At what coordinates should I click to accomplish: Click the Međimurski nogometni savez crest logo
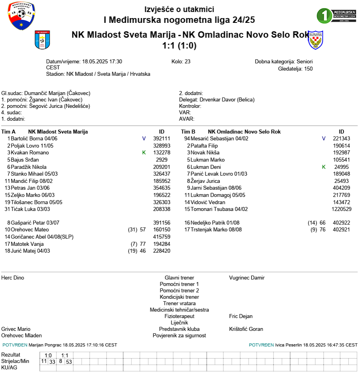coord(21,16)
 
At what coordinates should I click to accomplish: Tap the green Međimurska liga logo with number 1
coord(336,16)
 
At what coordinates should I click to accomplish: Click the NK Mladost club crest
coord(42,40)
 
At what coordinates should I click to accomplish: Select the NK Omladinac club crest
coord(316,40)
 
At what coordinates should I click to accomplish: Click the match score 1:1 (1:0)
coord(179,46)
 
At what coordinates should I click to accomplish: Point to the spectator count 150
coord(308,69)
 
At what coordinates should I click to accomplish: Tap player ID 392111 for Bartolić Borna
coord(162,138)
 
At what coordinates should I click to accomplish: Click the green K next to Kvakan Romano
coord(144,153)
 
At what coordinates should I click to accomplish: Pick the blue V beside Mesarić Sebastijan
coord(324,138)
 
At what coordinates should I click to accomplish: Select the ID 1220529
coord(342,209)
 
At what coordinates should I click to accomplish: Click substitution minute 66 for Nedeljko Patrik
coord(322,223)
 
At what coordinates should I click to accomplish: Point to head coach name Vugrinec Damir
coord(247,278)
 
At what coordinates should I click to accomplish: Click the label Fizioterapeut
coord(179,316)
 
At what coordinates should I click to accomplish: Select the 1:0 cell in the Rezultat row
coord(48,355)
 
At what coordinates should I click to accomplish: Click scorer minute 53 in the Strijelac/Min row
coord(69,362)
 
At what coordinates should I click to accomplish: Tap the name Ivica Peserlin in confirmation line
coord(288,345)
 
